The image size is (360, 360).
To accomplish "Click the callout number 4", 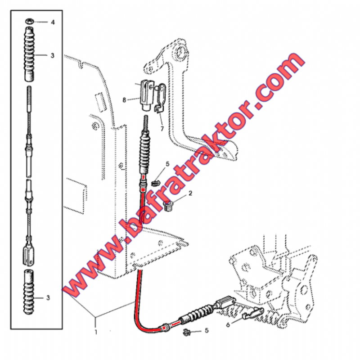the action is pyautogui.click(x=53, y=22).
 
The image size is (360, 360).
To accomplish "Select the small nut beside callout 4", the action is pyautogui.click(x=29, y=21).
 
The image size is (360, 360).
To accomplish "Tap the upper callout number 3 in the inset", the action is pyautogui.click(x=52, y=55).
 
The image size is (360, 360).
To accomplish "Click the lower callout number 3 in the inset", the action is pyautogui.click(x=48, y=298).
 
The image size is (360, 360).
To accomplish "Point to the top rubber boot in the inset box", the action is pyautogui.click(x=29, y=54).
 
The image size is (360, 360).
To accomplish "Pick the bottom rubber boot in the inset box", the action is pyautogui.click(x=29, y=292).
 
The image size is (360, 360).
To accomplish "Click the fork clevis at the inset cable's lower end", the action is pyautogui.click(x=29, y=255).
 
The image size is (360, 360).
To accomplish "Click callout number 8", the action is pyautogui.click(x=124, y=100).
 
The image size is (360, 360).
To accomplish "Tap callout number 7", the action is pyautogui.click(x=162, y=129).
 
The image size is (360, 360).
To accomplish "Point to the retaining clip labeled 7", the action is pyautogui.click(x=160, y=98).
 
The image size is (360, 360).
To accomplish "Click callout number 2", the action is pyautogui.click(x=190, y=193).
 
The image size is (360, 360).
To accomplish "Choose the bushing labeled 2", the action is pyautogui.click(x=169, y=206).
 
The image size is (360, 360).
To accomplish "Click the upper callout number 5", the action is pyautogui.click(x=167, y=164).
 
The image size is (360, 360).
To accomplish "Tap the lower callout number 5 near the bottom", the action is pyautogui.click(x=207, y=330).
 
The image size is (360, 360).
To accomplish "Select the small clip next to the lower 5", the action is pyautogui.click(x=186, y=332).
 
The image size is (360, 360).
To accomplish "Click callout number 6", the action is pyautogui.click(x=228, y=325).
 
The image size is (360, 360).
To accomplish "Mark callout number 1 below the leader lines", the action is pyautogui.click(x=96, y=332).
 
